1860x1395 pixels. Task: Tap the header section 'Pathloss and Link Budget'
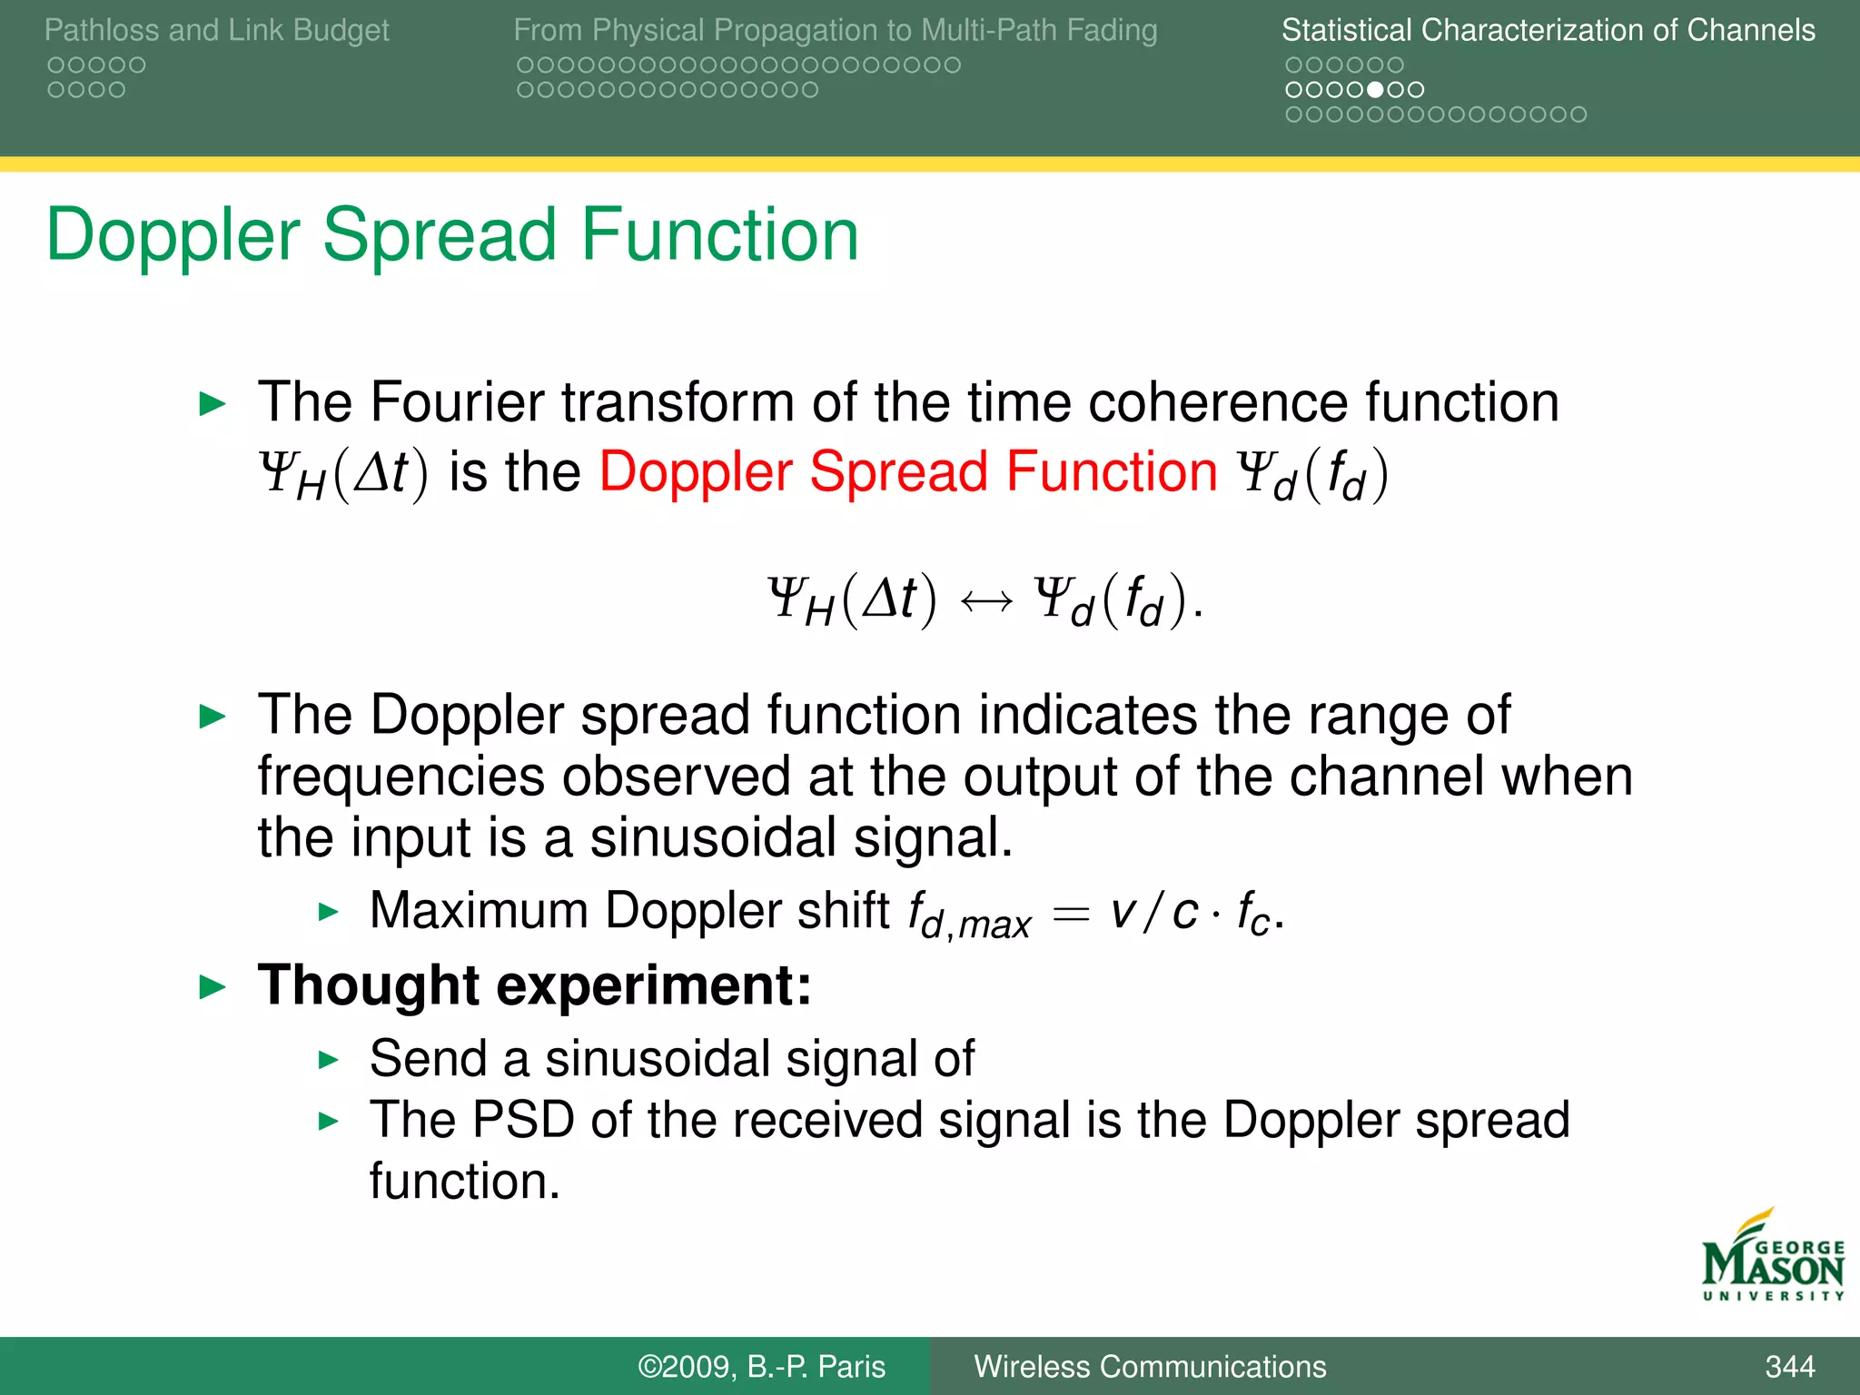[216, 30]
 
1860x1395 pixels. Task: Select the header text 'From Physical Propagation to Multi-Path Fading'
[835, 30]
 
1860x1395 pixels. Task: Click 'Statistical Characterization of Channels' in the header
[1548, 30]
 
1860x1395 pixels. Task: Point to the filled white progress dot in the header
[1375, 90]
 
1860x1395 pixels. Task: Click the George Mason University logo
[1772, 1258]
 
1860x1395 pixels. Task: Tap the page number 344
[1789, 1366]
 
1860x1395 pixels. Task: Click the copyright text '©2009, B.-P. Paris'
[761, 1366]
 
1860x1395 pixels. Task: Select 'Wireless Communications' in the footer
[1150, 1366]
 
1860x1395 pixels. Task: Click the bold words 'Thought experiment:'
[534, 984]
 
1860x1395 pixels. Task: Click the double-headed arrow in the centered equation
[985, 601]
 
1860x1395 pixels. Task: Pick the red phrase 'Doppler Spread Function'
[907, 472]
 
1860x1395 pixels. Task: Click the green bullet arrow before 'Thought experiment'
[212, 986]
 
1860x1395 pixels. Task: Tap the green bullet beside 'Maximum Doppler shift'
[329, 912]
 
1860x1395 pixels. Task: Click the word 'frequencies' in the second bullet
[401, 777]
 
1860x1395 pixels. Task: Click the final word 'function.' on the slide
[464, 1181]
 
